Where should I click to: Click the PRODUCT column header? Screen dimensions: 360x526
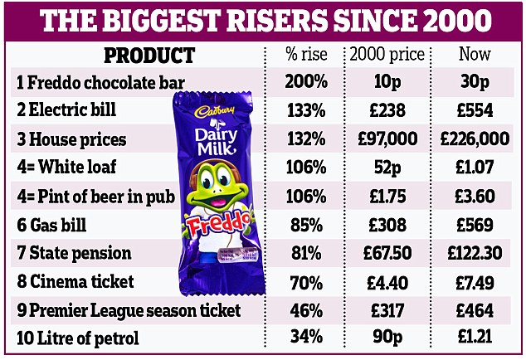[149, 56]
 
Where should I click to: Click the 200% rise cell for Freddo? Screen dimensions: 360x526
[308, 83]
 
